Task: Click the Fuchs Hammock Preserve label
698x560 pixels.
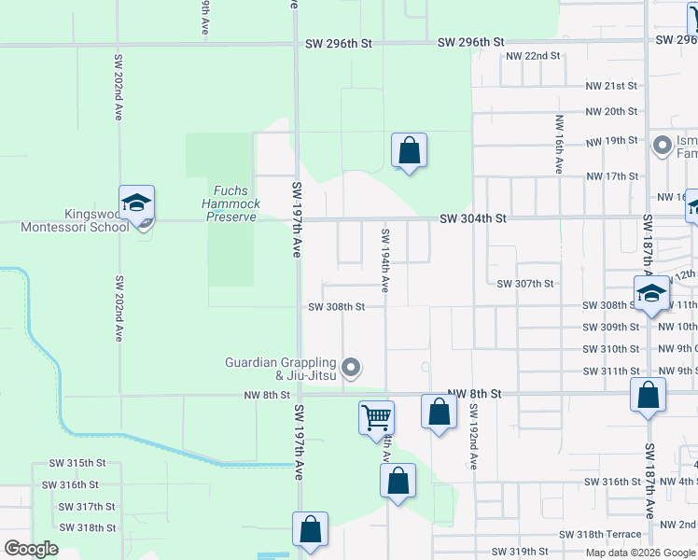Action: pos(230,203)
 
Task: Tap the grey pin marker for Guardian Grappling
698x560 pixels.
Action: pos(351,368)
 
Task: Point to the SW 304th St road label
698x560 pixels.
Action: pos(473,218)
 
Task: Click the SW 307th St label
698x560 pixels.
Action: pos(525,284)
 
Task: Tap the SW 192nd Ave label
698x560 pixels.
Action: pos(474,436)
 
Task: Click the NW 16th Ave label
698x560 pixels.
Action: pos(559,144)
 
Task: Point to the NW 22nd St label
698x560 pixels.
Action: pos(532,56)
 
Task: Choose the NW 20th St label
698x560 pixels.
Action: pos(611,111)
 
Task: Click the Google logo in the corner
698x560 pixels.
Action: pos(31,549)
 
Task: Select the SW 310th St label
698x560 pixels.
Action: pos(611,349)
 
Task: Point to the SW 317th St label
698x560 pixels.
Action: pos(86,507)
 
